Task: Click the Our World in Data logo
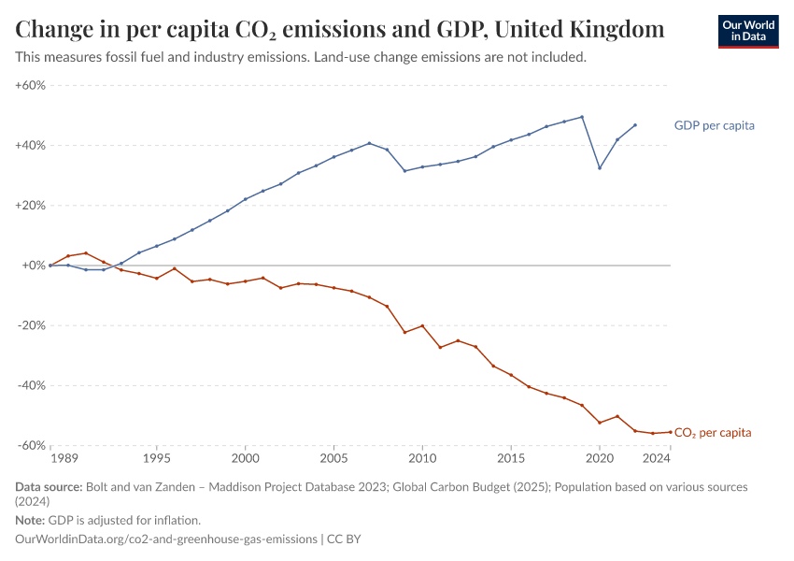coord(747,31)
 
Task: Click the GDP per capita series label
coord(714,125)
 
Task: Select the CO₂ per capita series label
coord(712,433)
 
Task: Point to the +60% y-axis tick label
coord(31,85)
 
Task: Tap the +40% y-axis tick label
coord(31,146)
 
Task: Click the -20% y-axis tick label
coord(32,325)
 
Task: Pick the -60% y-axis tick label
coord(32,446)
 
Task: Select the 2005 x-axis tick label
coord(333,458)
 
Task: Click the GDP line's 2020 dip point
coord(600,168)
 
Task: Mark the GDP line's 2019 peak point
coord(582,117)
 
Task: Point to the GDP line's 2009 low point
coord(404,170)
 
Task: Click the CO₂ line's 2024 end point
coord(670,432)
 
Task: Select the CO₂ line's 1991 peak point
coord(86,252)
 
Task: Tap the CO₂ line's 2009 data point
coord(404,332)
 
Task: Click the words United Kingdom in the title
coord(579,30)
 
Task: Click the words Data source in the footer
coord(48,487)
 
